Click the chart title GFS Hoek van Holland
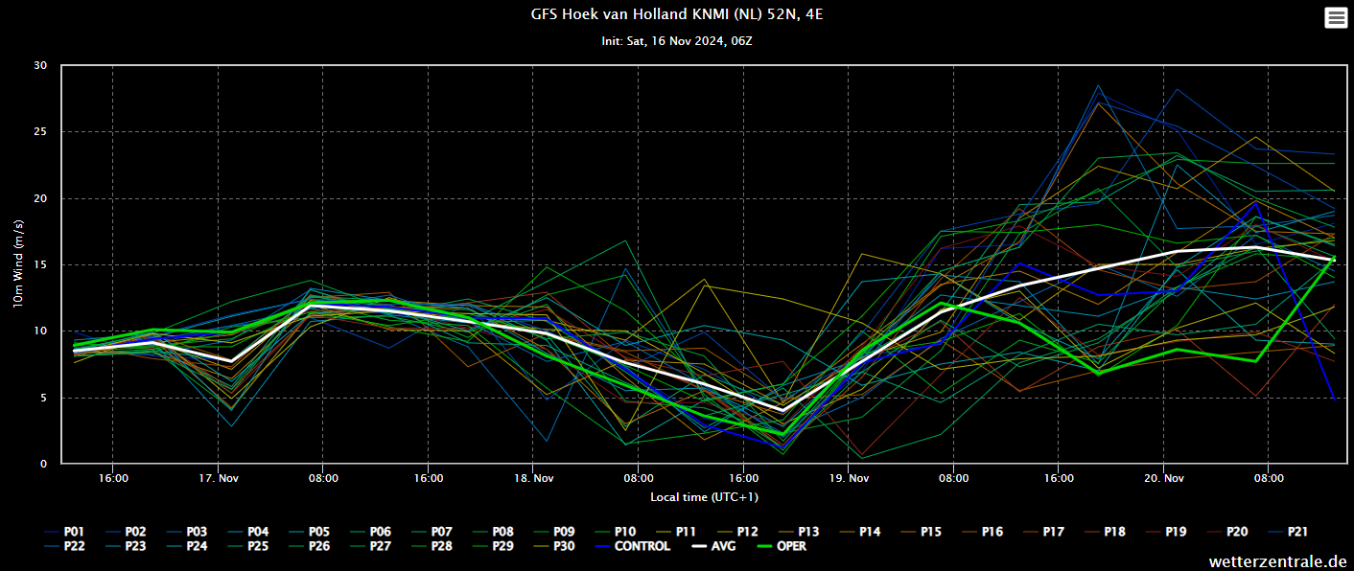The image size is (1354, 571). [x=676, y=14]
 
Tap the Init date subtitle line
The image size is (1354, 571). [x=676, y=41]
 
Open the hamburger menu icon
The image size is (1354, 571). [x=1335, y=17]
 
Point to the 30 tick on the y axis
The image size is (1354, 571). [x=40, y=65]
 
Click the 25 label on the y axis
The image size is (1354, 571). [x=40, y=131]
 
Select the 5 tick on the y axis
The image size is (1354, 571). [x=43, y=398]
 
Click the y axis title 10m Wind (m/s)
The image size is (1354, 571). [x=18, y=264]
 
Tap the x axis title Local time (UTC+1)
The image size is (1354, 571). [x=704, y=497]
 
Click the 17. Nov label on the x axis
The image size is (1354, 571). [x=219, y=479]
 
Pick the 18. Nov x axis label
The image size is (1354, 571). [x=534, y=479]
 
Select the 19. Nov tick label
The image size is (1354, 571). [x=849, y=479]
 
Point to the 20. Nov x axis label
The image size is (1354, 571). [x=1164, y=479]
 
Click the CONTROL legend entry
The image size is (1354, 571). [x=632, y=546]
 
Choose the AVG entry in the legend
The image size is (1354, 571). [x=713, y=546]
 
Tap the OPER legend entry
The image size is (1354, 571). [x=782, y=546]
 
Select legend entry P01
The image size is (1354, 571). [x=64, y=532]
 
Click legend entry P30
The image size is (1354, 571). [x=554, y=546]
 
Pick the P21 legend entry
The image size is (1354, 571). [x=1288, y=532]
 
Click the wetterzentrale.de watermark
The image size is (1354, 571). [x=1277, y=561]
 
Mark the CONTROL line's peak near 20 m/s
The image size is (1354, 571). [x=1257, y=203]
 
